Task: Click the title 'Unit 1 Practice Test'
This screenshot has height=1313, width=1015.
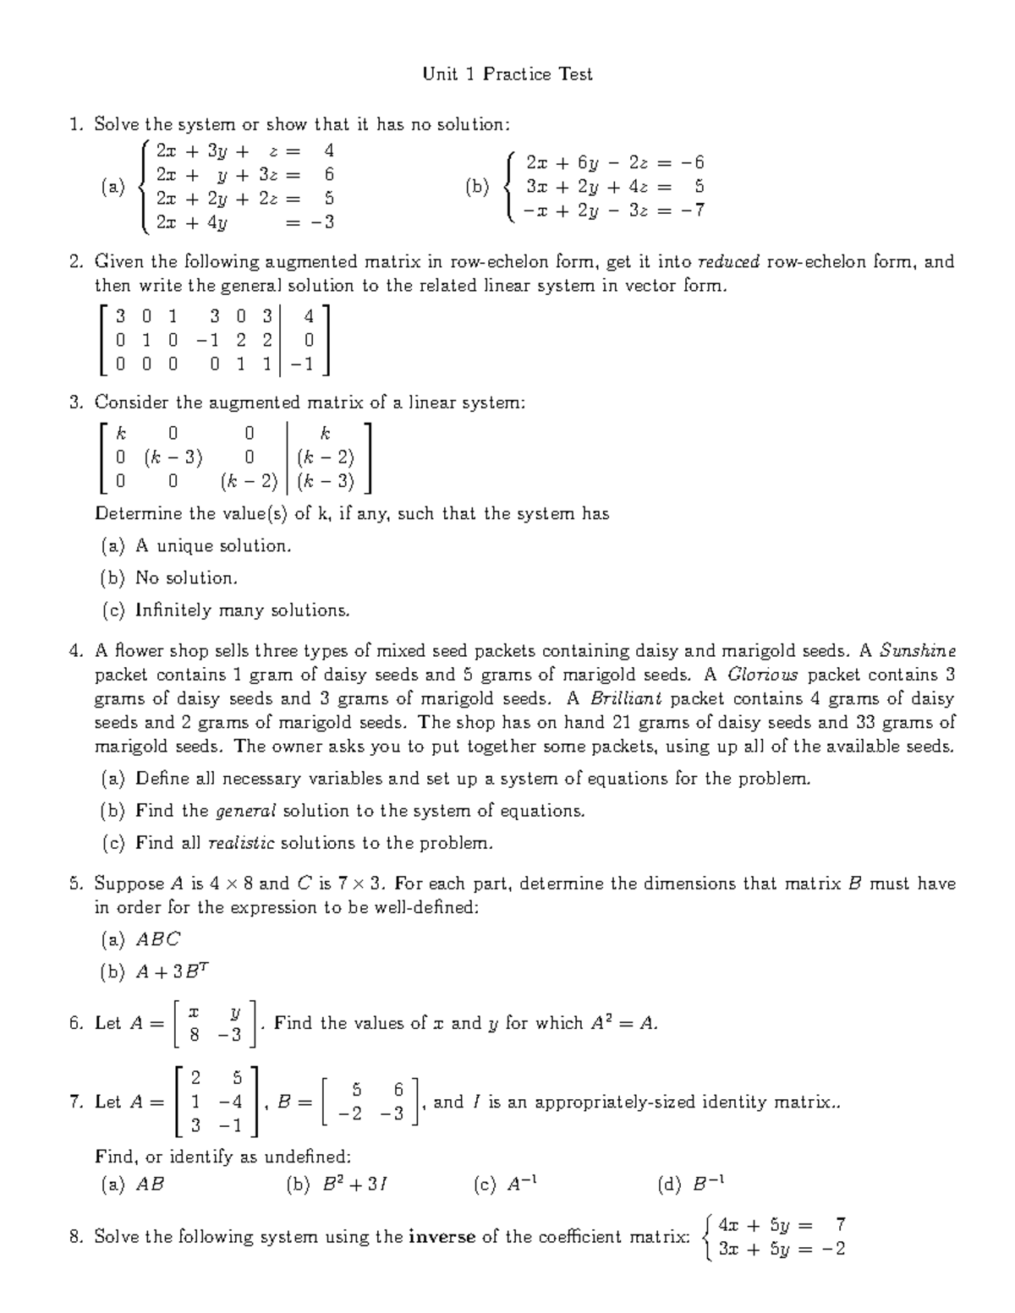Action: click(507, 74)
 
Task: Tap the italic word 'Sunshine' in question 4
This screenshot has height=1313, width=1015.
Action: click(918, 651)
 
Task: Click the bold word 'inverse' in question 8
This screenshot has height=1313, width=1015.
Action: click(442, 1237)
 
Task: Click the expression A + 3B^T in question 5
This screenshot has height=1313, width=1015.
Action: click(172, 972)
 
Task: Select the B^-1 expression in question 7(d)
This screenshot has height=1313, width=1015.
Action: click(708, 1184)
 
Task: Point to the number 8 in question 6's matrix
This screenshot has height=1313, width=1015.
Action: click(195, 1035)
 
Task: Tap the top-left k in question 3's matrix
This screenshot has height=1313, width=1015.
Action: click(121, 434)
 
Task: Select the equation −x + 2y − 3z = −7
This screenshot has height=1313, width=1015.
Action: click(615, 211)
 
